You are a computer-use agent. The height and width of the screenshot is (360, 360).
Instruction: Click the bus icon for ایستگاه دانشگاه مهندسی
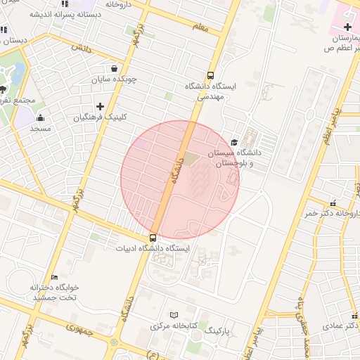click(210, 76)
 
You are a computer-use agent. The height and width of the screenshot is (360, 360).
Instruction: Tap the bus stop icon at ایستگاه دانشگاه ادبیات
click(153, 238)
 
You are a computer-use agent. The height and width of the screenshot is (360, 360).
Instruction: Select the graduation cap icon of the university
click(234, 142)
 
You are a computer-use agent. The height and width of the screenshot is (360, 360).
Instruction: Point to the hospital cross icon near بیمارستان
click(347, 27)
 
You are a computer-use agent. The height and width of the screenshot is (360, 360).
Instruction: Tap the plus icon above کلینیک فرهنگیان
click(100, 106)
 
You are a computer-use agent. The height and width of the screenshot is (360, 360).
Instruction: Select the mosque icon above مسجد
click(41, 117)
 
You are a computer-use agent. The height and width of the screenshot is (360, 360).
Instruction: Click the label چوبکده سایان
click(113, 79)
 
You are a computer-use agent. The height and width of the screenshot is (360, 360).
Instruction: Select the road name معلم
click(201, 27)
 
